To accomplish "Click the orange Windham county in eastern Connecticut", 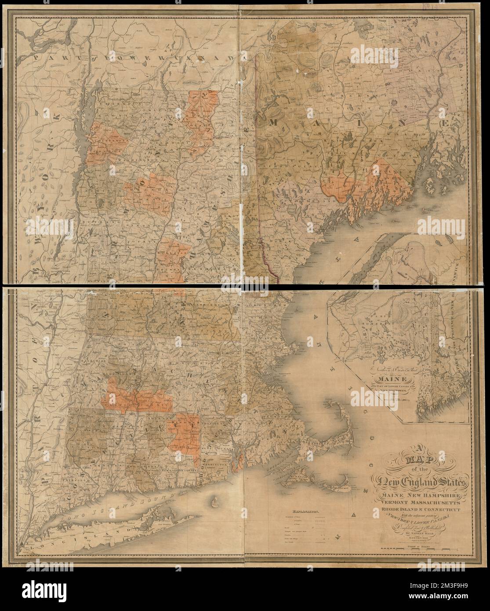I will click(x=187, y=433).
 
